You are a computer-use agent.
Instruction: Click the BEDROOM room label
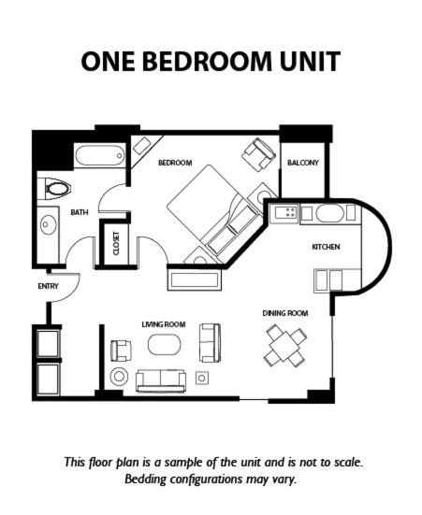(175, 163)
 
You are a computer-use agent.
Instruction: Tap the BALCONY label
(303, 163)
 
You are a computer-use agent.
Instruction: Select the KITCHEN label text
(326, 247)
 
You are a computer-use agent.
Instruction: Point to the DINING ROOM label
(285, 313)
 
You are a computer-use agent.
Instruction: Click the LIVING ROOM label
(164, 324)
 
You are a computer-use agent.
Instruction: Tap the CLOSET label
(116, 243)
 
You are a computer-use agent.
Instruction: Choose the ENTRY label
(48, 286)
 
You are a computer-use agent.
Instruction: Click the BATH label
(80, 212)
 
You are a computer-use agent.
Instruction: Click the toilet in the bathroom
(54, 189)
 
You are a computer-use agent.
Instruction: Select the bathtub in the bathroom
(100, 156)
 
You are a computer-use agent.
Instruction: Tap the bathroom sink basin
(49, 224)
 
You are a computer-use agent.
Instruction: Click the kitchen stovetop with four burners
(284, 212)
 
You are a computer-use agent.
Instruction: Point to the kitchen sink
(330, 213)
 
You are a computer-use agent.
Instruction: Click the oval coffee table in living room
(165, 345)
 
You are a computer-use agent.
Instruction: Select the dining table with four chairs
(285, 346)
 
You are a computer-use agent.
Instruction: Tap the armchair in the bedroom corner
(259, 154)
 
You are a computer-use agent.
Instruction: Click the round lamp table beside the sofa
(119, 377)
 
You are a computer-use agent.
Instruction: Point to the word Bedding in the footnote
(145, 479)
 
